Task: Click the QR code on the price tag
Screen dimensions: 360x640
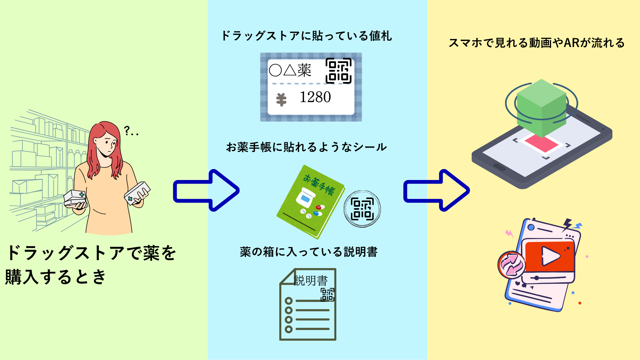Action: click(338, 71)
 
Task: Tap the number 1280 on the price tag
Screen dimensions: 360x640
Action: click(315, 97)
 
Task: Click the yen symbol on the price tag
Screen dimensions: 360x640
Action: click(281, 100)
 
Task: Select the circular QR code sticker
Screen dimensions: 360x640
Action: click(362, 209)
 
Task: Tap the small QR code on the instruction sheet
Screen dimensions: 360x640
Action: click(327, 295)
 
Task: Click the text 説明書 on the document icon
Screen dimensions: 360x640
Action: click(311, 281)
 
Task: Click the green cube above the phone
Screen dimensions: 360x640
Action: click(541, 107)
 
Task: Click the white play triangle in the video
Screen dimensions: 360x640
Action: click(550, 256)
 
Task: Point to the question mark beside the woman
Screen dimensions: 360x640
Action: click(127, 130)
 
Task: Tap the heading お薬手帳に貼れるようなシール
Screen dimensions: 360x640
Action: click(306, 147)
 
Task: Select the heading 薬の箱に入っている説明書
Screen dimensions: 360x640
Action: click(308, 252)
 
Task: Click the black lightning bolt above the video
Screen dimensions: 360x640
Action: click(567, 224)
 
